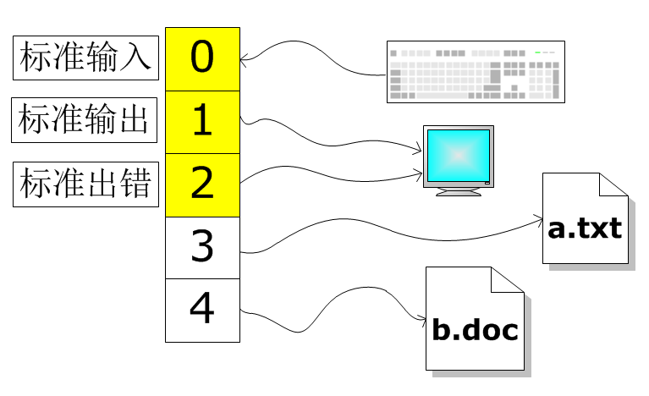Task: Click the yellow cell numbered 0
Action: pos(202,59)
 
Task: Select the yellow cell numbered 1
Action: pos(202,122)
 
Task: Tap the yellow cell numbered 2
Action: pos(202,184)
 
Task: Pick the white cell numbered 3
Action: pos(202,247)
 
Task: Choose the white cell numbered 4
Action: pos(202,310)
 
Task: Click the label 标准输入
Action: pos(85,58)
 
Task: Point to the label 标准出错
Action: pos(85,184)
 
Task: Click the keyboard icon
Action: pos(476,72)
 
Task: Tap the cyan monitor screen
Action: pos(458,155)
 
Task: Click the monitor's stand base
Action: pos(458,193)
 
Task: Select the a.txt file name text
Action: pos(585,228)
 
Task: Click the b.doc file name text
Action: pos(475,330)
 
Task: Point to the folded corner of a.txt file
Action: pos(613,184)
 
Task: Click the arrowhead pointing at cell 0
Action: pos(245,59)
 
